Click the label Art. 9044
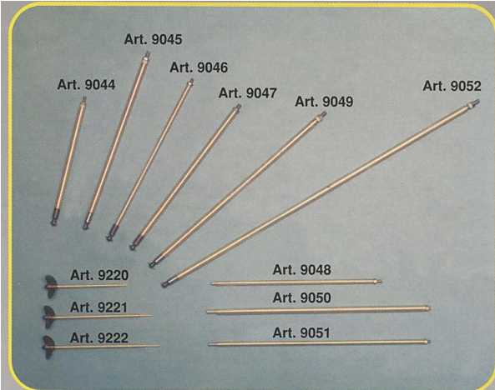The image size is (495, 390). pos(86,85)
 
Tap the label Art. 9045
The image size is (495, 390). pos(153,39)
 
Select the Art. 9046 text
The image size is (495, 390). pos(199,67)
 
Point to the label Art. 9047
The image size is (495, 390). pos(247,93)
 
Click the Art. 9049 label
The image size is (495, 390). pos(324,102)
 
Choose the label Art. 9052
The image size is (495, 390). pos(452,86)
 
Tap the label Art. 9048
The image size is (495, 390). pos(302,270)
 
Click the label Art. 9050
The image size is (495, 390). pos(302,297)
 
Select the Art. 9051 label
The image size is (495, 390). pos(301,333)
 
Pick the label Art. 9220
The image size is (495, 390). pos(99,275)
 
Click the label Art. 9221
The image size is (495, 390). pos(98,307)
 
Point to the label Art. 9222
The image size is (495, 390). pos(98,338)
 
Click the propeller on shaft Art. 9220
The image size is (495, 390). pos(50,287)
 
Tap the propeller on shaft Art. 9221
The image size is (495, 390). pos(49,317)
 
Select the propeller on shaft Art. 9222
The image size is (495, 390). pos(48,347)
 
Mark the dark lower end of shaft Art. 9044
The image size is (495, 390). pos(55,217)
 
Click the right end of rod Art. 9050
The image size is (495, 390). pos(428,308)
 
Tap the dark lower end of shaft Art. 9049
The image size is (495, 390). pos(154,262)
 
